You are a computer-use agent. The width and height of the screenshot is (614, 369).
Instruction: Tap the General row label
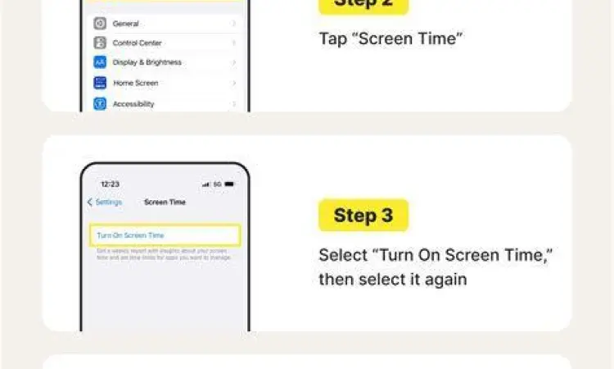pyautogui.click(x=126, y=24)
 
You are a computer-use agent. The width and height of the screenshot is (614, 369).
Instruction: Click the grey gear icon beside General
pyautogui.click(x=100, y=24)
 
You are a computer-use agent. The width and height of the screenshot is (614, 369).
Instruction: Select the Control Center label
pyautogui.click(x=138, y=43)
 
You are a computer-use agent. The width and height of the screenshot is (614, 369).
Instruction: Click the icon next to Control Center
pyautogui.click(x=100, y=43)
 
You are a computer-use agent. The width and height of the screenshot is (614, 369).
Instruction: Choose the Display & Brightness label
pyautogui.click(x=147, y=62)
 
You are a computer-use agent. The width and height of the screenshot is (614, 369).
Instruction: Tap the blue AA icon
pyautogui.click(x=100, y=62)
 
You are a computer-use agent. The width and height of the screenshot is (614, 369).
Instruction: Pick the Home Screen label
pyautogui.click(x=136, y=83)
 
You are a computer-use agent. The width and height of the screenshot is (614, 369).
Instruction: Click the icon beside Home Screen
pyautogui.click(x=100, y=83)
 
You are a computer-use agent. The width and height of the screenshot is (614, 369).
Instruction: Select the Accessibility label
pyautogui.click(x=133, y=104)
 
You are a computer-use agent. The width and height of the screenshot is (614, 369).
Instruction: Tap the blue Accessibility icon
pyautogui.click(x=100, y=104)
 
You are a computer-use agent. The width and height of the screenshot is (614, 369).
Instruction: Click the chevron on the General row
pyautogui.click(x=234, y=24)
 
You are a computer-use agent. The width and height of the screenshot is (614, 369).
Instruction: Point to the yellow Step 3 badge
pyautogui.click(x=363, y=216)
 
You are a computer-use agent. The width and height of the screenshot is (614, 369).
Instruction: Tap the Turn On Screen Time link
pyautogui.click(x=130, y=235)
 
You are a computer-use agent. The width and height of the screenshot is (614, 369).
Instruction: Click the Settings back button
pyautogui.click(x=105, y=202)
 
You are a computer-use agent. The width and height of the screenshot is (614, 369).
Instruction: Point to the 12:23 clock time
pyautogui.click(x=110, y=184)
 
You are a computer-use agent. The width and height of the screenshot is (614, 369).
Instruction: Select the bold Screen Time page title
pyautogui.click(x=165, y=202)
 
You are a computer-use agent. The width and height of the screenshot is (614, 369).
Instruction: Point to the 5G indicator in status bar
pyautogui.click(x=218, y=184)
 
